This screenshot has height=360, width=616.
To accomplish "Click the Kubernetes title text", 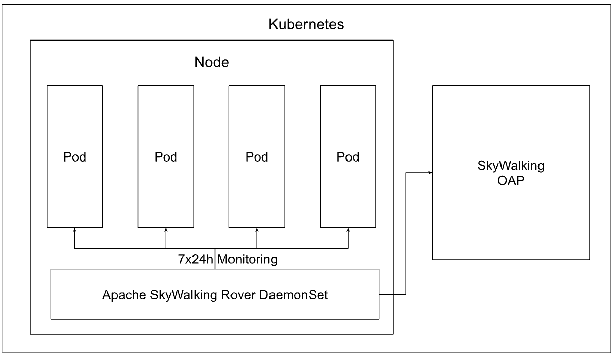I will (x=306, y=25).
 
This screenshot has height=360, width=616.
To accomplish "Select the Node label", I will (x=212, y=63).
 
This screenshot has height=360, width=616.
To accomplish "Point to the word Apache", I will (x=120, y=295).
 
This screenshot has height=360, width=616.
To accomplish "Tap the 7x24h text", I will (x=192, y=260).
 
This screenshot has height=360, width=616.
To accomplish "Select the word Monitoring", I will (x=247, y=260).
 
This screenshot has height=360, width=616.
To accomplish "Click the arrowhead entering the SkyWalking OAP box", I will (x=429, y=173).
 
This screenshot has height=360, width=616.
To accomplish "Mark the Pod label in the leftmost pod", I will (x=75, y=157).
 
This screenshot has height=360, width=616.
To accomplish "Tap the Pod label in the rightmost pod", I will (x=348, y=157).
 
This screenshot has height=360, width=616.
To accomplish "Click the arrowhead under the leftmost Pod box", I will (x=75, y=230).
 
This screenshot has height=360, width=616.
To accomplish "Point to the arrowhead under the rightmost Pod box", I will (x=348, y=230).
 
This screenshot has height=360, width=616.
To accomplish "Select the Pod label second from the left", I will (x=166, y=157).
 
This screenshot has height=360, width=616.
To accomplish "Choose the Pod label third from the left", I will (x=257, y=157).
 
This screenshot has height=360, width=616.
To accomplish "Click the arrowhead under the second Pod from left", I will (x=166, y=230).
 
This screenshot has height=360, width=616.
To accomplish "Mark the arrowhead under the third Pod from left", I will (x=257, y=230).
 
